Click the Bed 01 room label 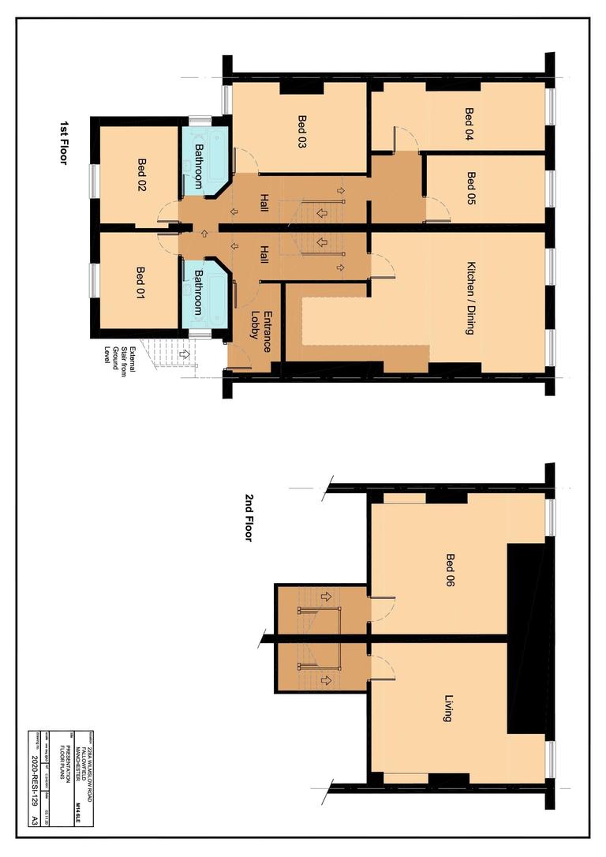point(140,281)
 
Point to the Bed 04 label point(468,123)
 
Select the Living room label point(448,709)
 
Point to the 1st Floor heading point(65,143)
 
